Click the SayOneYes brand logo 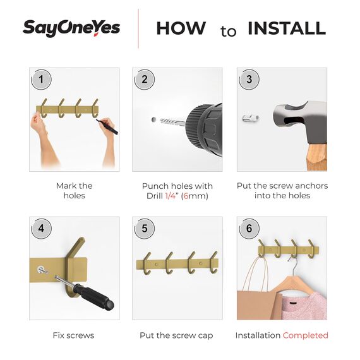pos(71,28)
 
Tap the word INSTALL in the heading pos(286,28)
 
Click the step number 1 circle pos(41,80)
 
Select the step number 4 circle pos(41,229)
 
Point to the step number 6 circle pos(249,229)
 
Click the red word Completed pos(306,335)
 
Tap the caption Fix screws pos(73,335)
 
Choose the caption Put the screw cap pos(176,335)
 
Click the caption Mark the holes pos(74,191)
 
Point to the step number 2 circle pos(145,80)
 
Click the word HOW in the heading pos(181,28)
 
